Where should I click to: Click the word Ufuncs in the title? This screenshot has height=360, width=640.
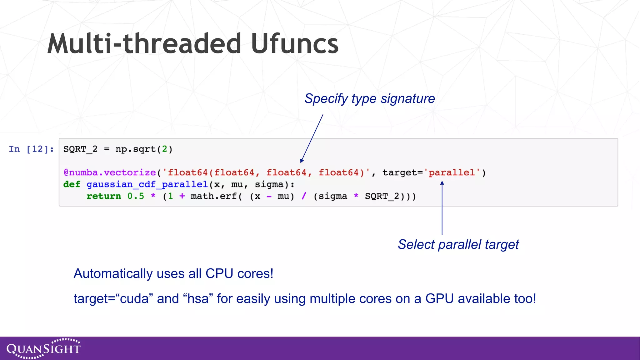tap(294, 44)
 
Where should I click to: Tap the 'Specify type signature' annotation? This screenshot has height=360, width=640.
tap(370, 99)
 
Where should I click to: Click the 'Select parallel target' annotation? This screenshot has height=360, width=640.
tap(458, 244)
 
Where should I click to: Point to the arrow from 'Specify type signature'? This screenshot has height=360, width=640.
tap(312, 138)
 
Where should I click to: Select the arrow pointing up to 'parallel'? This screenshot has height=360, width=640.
tap(442, 208)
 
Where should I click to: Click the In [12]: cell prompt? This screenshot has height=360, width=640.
tap(31, 149)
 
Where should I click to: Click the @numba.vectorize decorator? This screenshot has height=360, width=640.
tap(110, 172)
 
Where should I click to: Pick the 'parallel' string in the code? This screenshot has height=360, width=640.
tap(452, 172)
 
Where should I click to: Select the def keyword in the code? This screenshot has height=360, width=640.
tap(72, 184)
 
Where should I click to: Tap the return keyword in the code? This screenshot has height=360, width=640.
tap(104, 196)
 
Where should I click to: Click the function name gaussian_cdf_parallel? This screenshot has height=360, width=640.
tap(147, 184)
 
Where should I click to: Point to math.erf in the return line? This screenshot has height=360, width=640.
tap(214, 196)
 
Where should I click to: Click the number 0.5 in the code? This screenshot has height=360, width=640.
tap(136, 196)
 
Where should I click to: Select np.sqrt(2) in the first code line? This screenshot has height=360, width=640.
tap(144, 149)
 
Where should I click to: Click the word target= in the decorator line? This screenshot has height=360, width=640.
tap(402, 172)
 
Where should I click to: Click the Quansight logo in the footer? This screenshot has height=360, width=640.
tap(43, 348)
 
